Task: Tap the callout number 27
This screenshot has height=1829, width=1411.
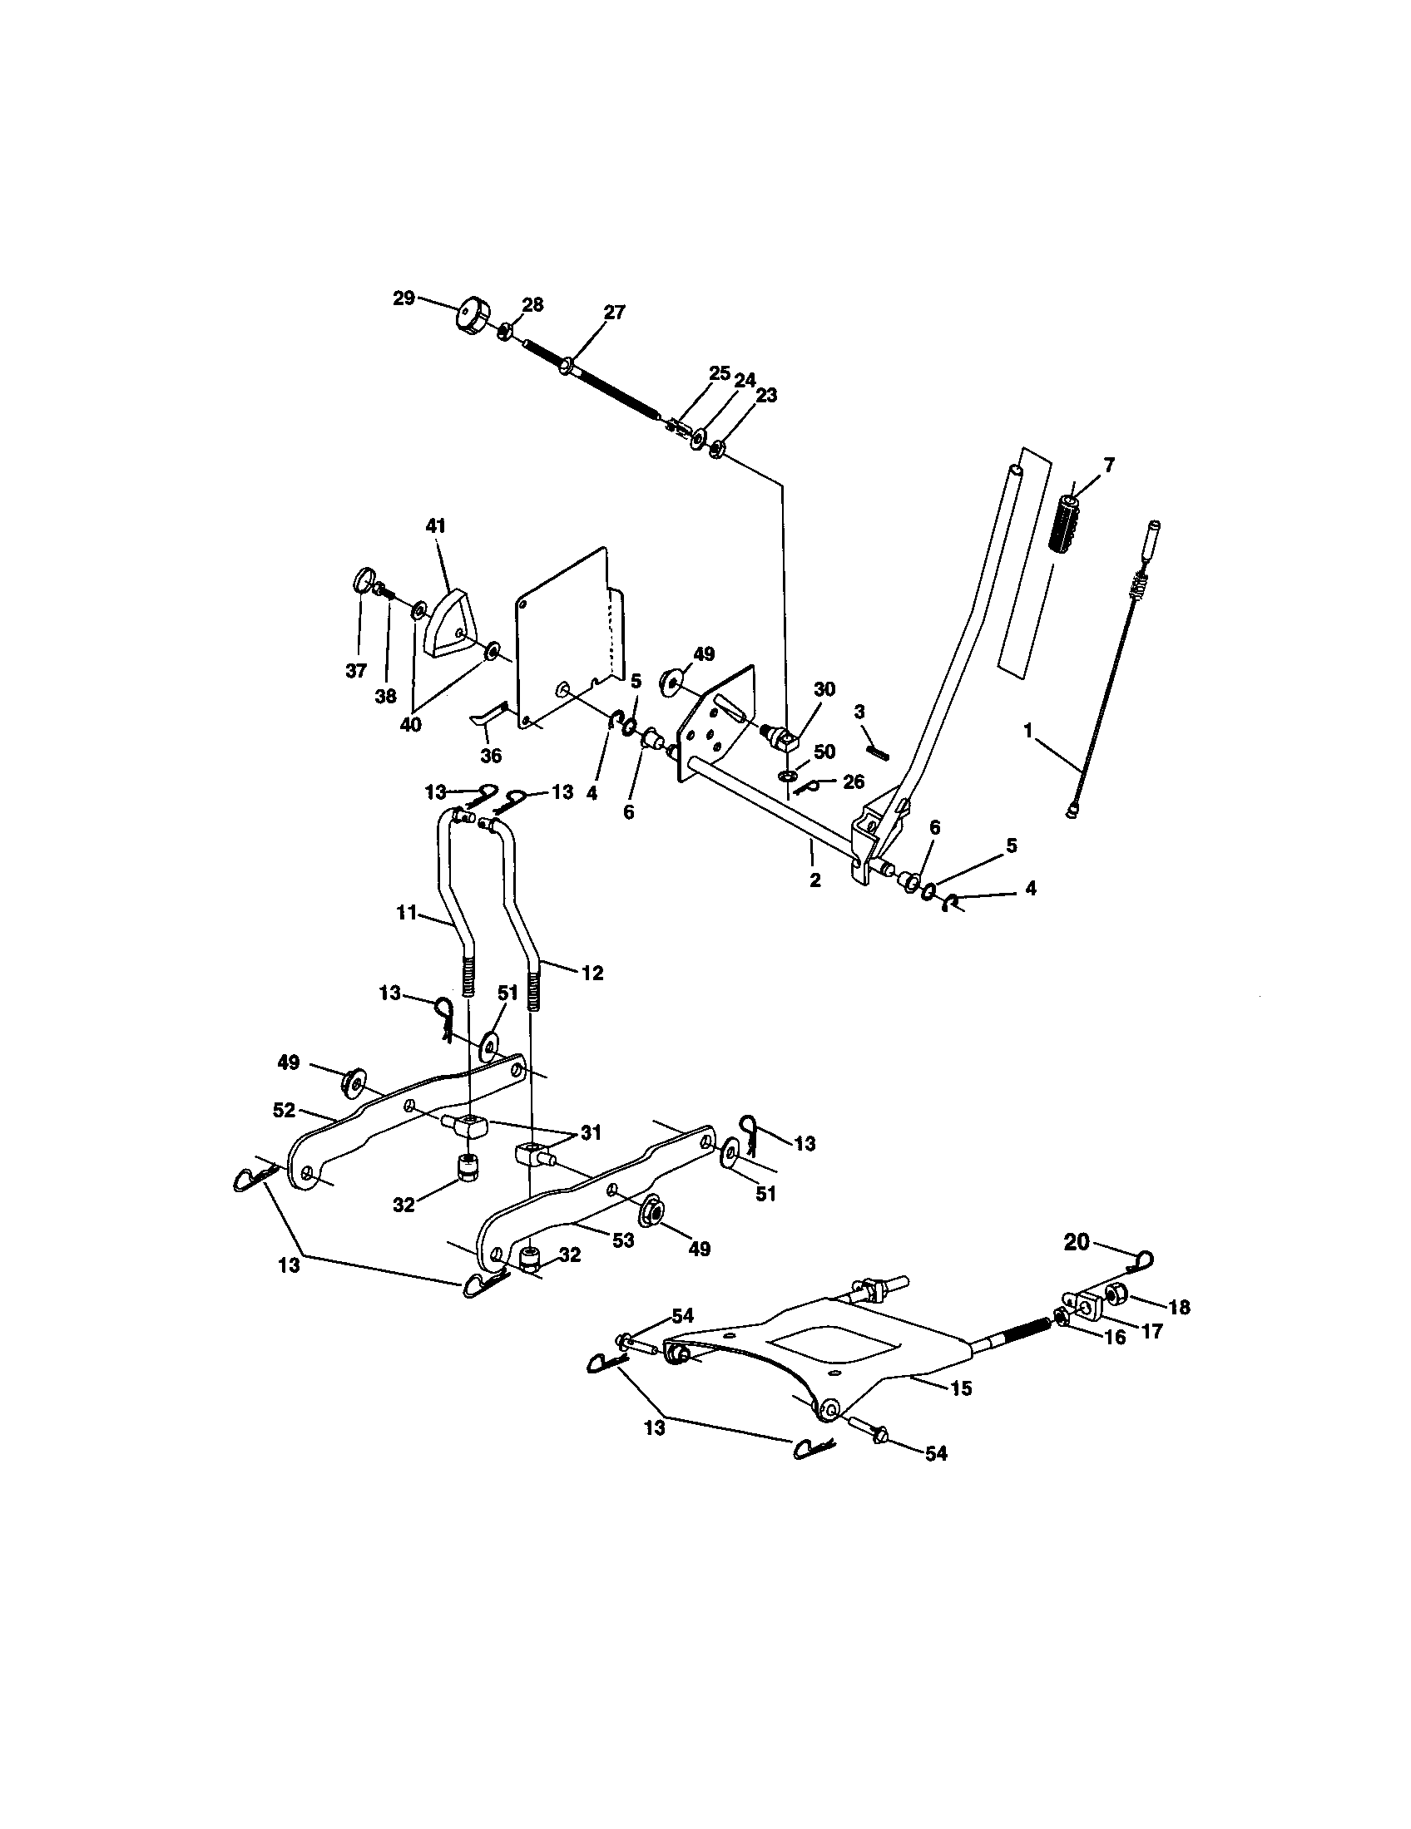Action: [614, 313]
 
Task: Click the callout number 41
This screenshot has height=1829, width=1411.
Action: [436, 526]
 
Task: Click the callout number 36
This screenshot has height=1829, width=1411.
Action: [491, 756]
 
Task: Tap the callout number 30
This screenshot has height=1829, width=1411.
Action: [824, 689]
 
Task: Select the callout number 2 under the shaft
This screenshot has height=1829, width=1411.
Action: [814, 880]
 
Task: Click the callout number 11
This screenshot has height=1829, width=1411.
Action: [406, 913]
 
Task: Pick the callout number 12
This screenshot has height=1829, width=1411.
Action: [592, 974]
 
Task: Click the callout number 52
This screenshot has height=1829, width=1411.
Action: [284, 1110]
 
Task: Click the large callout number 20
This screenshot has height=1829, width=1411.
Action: [1077, 1265]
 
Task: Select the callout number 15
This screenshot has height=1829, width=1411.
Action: [961, 1388]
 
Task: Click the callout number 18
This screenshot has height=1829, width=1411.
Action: [1179, 1307]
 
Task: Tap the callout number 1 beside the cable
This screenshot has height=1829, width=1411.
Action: [1027, 729]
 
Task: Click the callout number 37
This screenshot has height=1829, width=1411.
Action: [356, 671]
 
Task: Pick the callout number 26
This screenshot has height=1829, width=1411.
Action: [853, 781]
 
